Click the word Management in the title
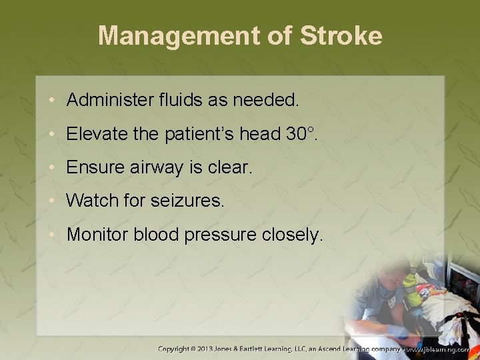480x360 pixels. click(182, 36)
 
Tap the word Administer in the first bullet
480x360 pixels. click(111, 100)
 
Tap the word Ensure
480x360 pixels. click(91, 167)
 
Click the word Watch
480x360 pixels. click(89, 201)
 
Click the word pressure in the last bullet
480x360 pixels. click(217, 235)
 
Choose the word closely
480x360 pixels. click(290, 235)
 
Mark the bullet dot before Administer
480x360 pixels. click(53, 101)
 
